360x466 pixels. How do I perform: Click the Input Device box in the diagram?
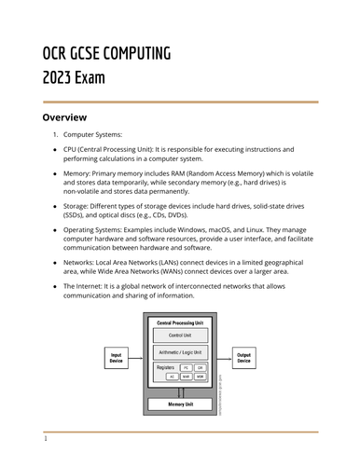pos(116,356)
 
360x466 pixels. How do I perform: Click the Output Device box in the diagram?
pos(244,356)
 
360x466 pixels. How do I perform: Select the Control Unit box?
pos(180,334)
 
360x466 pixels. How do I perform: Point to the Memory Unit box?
pos(180,404)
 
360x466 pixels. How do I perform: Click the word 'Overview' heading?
pos(65,117)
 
